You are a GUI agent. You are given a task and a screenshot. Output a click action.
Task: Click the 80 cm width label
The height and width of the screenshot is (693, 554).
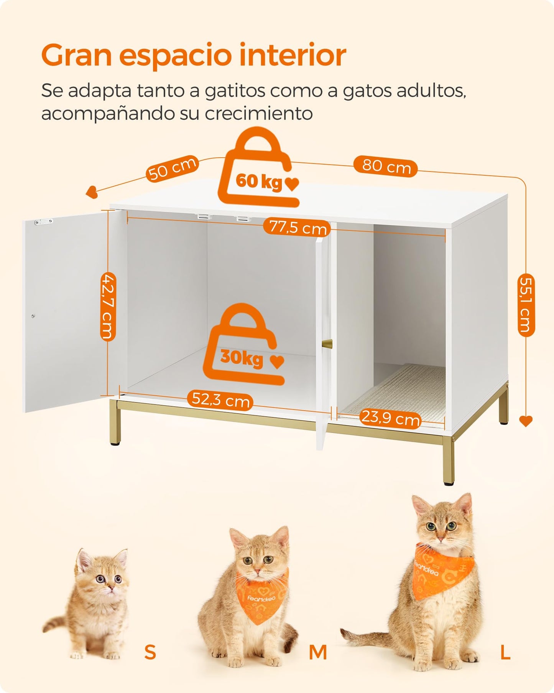point(385,167)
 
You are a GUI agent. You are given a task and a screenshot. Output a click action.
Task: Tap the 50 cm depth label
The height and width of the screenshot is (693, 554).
point(173,168)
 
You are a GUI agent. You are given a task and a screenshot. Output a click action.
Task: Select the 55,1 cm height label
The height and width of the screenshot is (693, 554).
point(526,305)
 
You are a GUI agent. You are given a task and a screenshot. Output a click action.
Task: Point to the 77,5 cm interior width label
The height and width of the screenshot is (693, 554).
point(297,227)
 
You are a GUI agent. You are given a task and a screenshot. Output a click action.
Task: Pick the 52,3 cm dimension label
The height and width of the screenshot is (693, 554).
point(220,400)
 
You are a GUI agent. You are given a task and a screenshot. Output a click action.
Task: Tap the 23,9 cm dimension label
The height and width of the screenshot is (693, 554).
point(390,417)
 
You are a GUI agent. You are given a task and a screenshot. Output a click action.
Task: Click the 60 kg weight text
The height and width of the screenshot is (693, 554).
point(259,181)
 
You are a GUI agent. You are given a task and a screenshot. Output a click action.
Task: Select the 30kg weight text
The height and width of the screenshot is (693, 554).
point(242,358)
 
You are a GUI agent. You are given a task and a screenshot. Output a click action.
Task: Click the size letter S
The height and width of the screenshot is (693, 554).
point(150,652)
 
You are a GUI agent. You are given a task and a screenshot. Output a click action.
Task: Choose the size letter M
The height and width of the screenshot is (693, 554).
point(318,652)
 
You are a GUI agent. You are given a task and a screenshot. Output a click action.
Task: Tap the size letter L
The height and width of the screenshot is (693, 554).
point(505,652)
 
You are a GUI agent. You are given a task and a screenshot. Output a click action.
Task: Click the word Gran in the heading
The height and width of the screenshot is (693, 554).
point(76,55)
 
